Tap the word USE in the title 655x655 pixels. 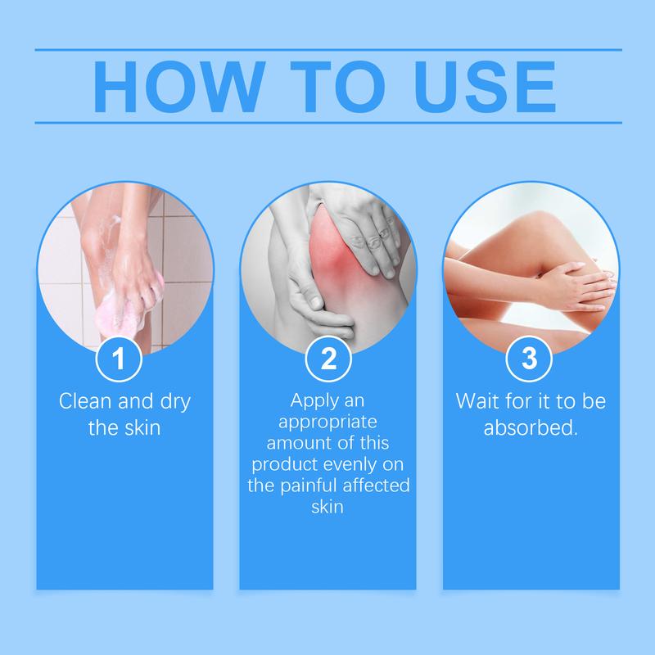pyautogui.click(x=483, y=85)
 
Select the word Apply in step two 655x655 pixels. pyautogui.click(x=314, y=403)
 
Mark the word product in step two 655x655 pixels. pyautogui.click(x=282, y=467)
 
